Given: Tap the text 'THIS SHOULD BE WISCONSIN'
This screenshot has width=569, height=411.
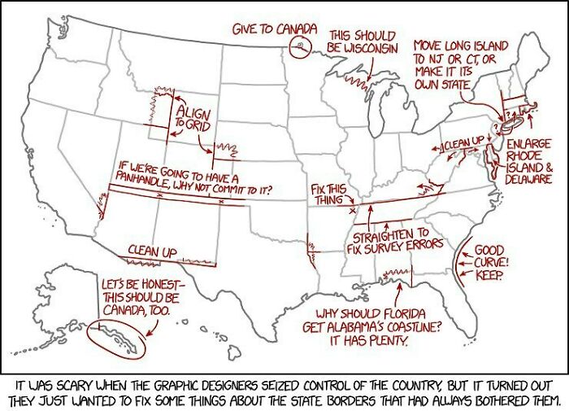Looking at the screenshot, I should (362, 42).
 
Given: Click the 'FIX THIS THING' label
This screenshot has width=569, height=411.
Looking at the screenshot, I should (328, 195).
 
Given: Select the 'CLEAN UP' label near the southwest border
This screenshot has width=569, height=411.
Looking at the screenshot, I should (152, 251).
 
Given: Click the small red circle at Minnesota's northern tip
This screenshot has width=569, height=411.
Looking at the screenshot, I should (302, 46).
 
